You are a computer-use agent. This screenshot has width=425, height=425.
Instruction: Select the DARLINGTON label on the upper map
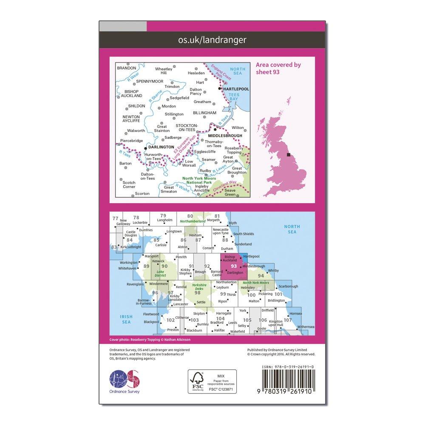pyautogui.click(x=161, y=147)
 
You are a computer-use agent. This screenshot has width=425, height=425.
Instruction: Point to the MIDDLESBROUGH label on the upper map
pyautogui.click(x=225, y=136)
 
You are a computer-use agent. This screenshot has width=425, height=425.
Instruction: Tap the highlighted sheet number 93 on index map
pyautogui.click(x=233, y=266)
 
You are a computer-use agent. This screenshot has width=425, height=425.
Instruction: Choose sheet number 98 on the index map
pyautogui.click(x=197, y=292)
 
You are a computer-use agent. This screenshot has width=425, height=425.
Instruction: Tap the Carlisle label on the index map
pyautogui.click(x=161, y=245)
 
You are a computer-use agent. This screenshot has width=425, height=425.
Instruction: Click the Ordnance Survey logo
pyautogui.click(x=125, y=380)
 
